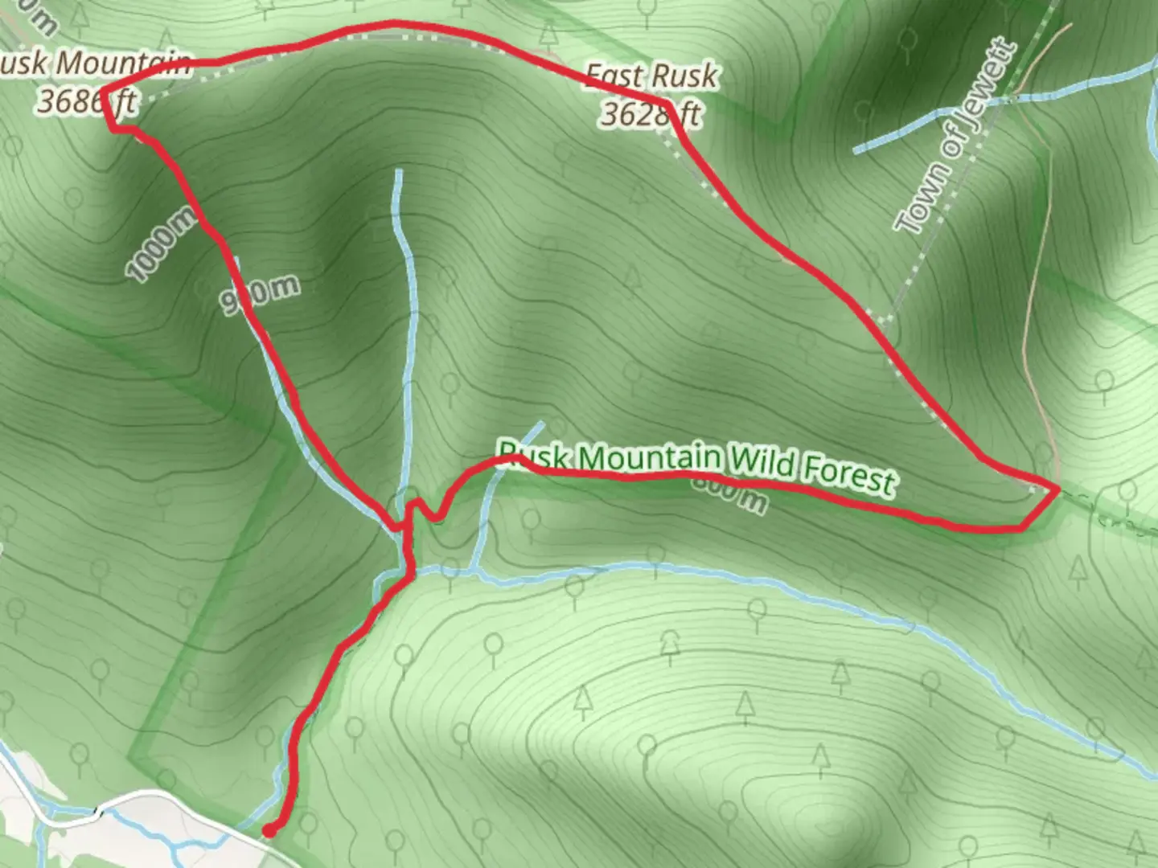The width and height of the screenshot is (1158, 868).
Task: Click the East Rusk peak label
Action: click(651, 76)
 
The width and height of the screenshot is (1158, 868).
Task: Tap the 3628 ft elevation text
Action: click(651, 115)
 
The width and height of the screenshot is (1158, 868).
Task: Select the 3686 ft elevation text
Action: click(87, 102)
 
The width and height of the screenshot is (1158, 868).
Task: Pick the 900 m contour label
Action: click(260, 294)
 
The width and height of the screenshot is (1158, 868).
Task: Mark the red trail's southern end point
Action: click(269, 831)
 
